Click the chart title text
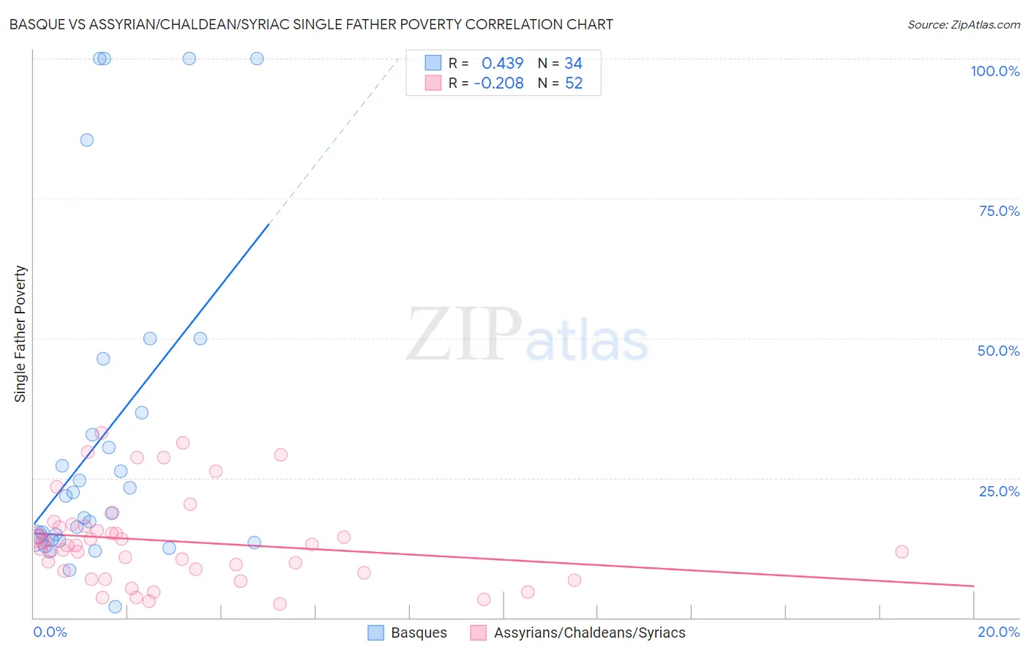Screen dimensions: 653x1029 pyautogui.click(x=311, y=24)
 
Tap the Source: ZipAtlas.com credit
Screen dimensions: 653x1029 pyautogui.click(x=963, y=24)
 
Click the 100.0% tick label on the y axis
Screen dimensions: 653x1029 pyautogui.click(x=995, y=71)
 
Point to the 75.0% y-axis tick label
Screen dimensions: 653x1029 pyautogui.click(x=999, y=211)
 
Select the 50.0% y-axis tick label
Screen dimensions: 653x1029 pyautogui.click(x=998, y=351)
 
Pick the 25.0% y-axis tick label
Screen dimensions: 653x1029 pyautogui.click(x=999, y=491)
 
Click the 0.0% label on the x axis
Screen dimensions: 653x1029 pyautogui.click(x=50, y=632)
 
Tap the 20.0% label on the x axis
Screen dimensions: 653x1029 pyautogui.click(x=998, y=632)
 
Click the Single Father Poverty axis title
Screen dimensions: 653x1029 pyautogui.click(x=20, y=334)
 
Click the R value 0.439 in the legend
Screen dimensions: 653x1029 pyautogui.click(x=502, y=64)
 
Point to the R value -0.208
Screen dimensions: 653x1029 pyautogui.click(x=498, y=83)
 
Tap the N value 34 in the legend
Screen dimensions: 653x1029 pyautogui.click(x=573, y=64)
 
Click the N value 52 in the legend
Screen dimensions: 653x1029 pyautogui.click(x=574, y=83)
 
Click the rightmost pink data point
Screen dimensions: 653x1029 pyautogui.click(x=902, y=552)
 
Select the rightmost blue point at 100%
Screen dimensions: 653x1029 pyautogui.click(x=257, y=59)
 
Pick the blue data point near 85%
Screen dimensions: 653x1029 pyautogui.click(x=87, y=140)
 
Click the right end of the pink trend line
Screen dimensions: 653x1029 pyautogui.click(x=973, y=586)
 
